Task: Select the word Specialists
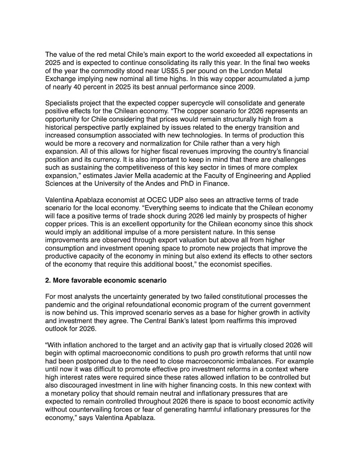click(x=63, y=103)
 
